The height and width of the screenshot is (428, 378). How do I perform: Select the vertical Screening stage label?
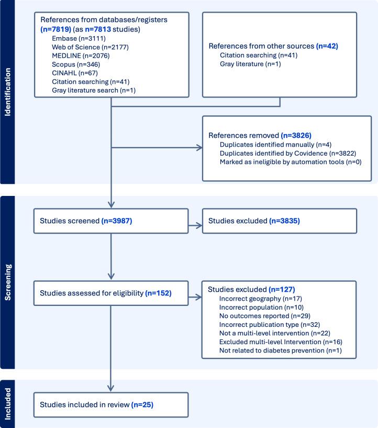8,283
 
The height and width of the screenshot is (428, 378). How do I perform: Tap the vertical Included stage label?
8,404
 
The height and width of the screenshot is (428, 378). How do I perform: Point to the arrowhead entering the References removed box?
199,148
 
